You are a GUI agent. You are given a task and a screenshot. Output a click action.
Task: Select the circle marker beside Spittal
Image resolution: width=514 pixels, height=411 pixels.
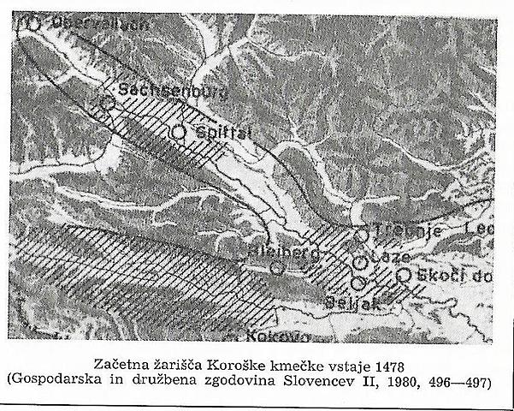coord(178,133)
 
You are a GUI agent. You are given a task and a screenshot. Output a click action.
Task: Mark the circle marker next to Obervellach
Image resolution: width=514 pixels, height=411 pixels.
coord(32,23)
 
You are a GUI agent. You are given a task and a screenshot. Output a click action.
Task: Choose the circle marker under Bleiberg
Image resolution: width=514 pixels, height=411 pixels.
coord(277,267)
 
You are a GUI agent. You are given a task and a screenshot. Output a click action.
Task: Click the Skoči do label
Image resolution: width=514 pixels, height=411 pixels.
coord(451,275)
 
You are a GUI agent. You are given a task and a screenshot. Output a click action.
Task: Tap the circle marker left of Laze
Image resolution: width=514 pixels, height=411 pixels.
coord(360,262)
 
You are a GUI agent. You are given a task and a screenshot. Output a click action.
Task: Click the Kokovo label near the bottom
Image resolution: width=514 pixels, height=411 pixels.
coord(260,337)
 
